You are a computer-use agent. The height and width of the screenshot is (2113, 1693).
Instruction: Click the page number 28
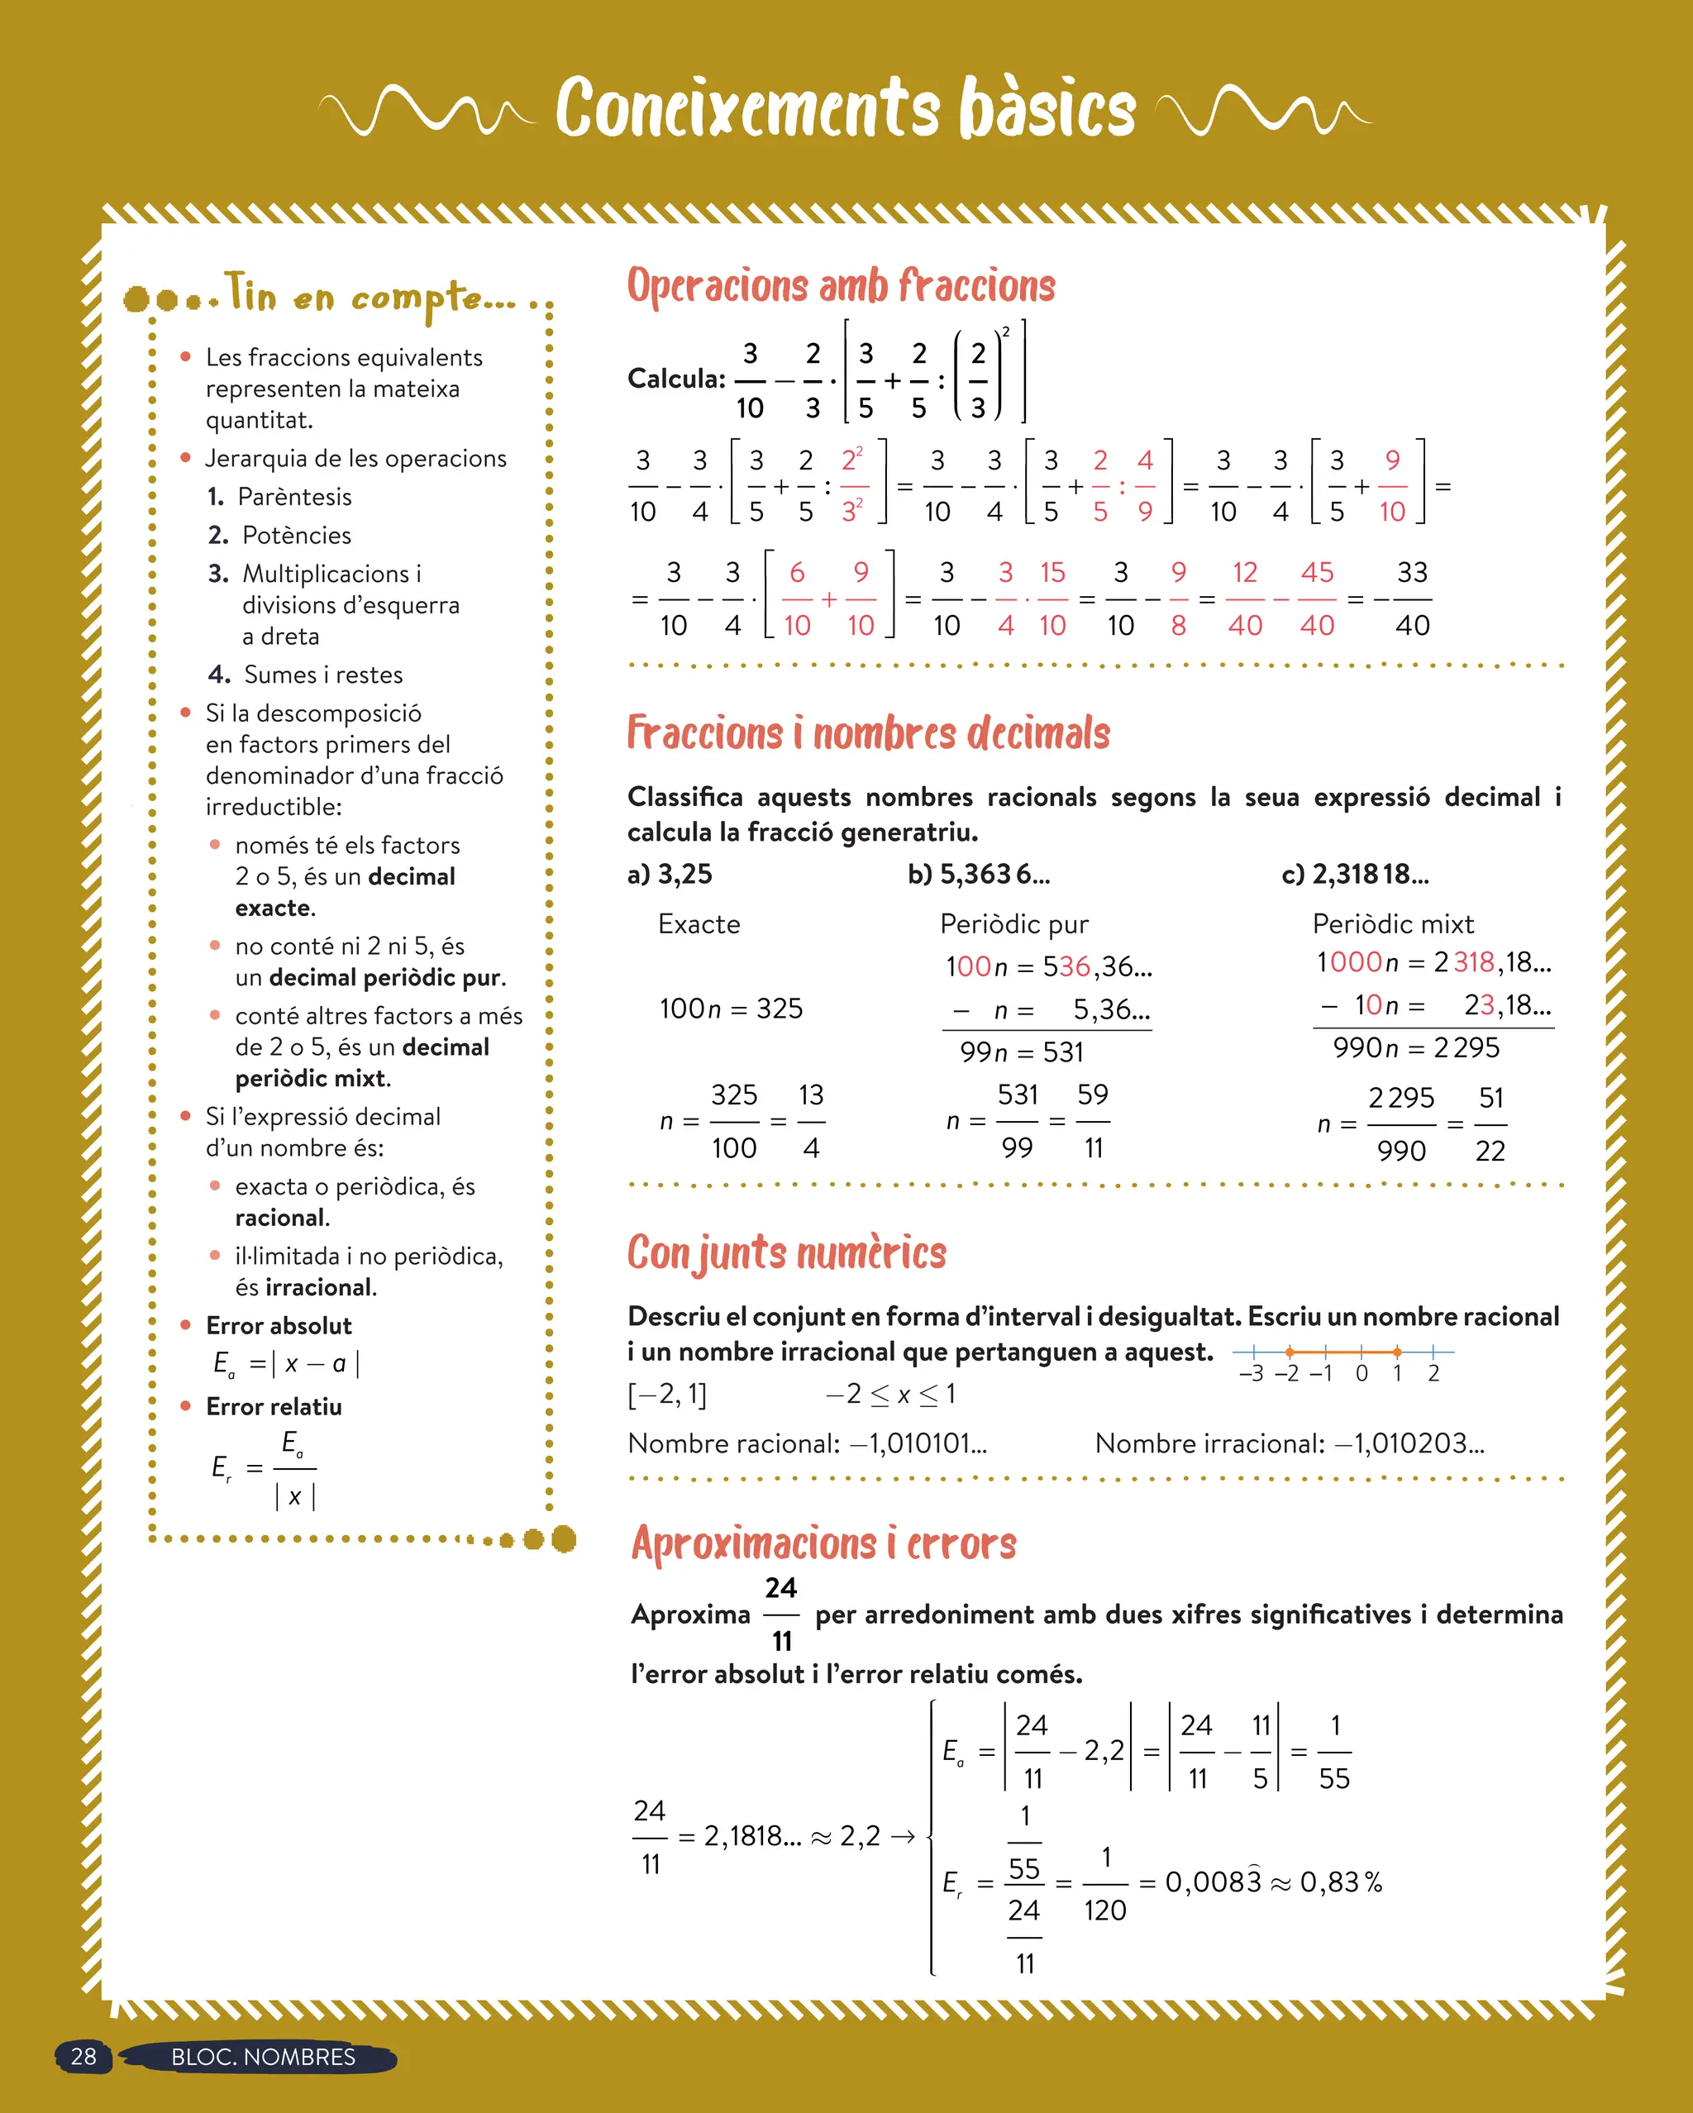pos(83,2057)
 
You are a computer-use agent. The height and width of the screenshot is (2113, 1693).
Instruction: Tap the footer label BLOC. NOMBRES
pos(263,2057)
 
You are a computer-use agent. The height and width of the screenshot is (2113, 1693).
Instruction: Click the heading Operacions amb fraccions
pos(841,286)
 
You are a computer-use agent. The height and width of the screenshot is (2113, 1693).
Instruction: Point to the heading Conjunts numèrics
pos(786,1253)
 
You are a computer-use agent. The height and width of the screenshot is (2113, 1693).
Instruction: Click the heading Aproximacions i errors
pos(823,1543)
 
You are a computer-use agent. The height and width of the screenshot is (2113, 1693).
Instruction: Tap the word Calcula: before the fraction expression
pos(676,379)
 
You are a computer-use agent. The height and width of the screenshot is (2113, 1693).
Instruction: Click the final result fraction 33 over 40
pos(1412,599)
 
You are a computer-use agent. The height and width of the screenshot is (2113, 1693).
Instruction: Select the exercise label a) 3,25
pos(670,874)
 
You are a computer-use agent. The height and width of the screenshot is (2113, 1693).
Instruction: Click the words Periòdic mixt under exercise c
pos(1393,924)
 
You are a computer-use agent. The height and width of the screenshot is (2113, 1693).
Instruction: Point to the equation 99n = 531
pos(1022,1052)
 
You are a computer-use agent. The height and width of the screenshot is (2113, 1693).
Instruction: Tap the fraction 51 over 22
pos(1490,1124)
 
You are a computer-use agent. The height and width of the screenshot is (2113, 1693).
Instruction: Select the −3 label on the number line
pos(1251,1374)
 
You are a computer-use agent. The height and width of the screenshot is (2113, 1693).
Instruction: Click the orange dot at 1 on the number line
pos(1397,1352)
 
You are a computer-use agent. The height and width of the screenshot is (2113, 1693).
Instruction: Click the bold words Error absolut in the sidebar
pos(279,1326)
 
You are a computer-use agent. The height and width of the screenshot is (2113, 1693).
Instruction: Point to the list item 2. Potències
pos(279,535)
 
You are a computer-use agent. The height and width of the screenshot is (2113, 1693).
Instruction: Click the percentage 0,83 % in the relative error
pos(1340,1882)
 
